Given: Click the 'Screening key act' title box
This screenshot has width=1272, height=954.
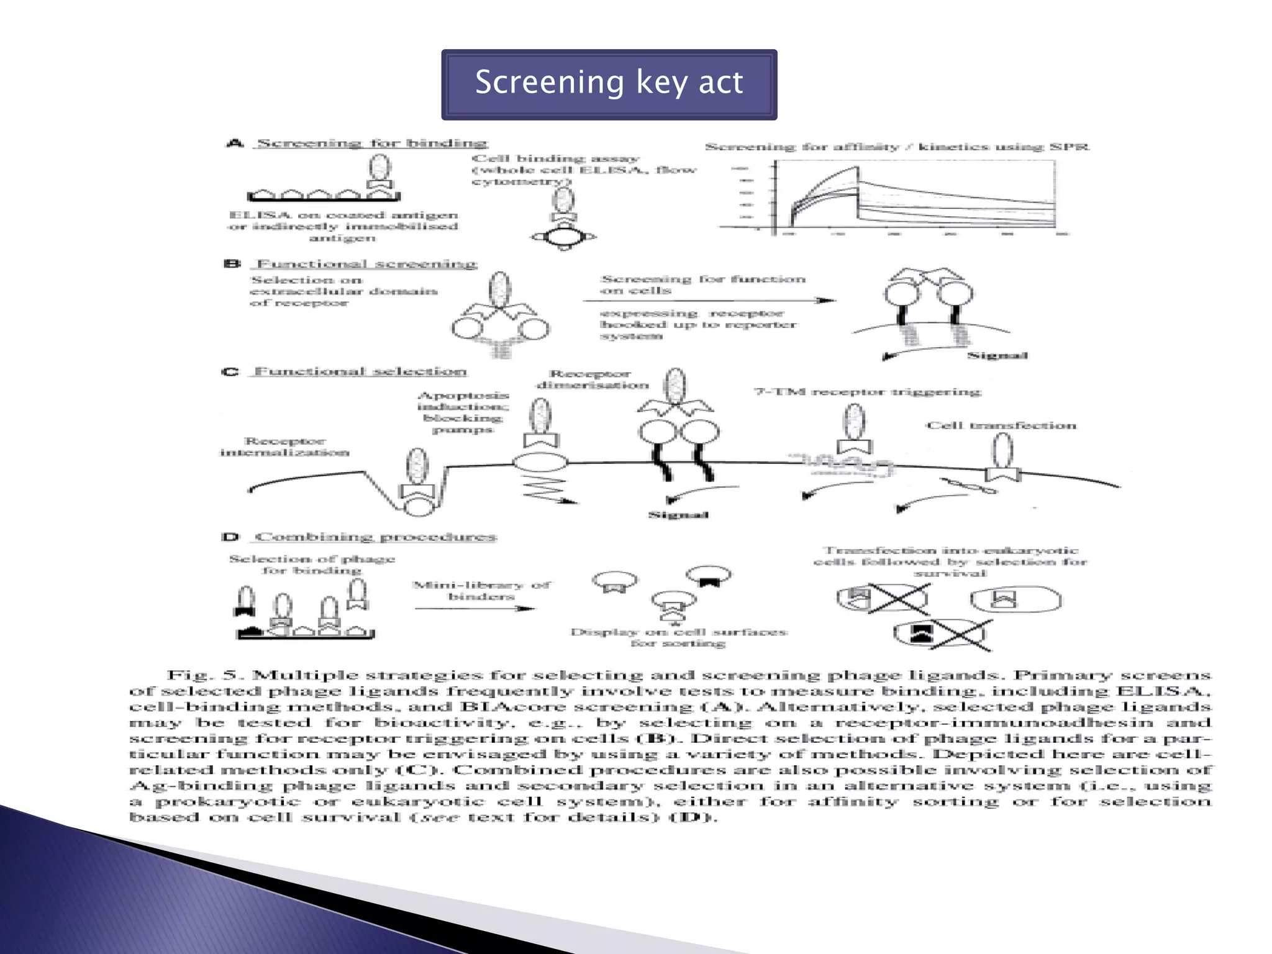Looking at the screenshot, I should pyautogui.click(x=609, y=84).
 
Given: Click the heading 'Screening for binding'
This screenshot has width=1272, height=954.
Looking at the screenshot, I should pyautogui.click(x=371, y=143).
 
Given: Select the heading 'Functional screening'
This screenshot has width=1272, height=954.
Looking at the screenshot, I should pyautogui.click(x=366, y=264).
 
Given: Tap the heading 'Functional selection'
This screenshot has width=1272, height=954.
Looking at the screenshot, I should pyautogui.click(x=360, y=371).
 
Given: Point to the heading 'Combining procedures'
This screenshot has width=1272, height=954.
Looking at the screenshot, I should pyautogui.click(x=376, y=537).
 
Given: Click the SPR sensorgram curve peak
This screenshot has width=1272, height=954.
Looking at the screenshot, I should pyautogui.click(x=857, y=168).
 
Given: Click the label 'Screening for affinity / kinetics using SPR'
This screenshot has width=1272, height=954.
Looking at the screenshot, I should pyautogui.click(x=897, y=147).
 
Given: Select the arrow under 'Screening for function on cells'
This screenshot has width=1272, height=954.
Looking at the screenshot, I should pyautogui.click(x=708, y=301).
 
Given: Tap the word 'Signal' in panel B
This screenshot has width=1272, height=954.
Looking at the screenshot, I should pyautogui.click(x=997, y=356).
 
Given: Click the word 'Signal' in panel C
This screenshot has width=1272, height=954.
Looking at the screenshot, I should pyautogui.click(x=678, y=515).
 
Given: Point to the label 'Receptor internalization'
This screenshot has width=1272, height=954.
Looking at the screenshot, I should pyautogui.click(x=284, y=447).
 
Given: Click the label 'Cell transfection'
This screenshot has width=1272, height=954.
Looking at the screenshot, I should pyautogui.click(x=1001, y=425).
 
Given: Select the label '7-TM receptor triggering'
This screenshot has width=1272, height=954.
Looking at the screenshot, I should pyautogui.click(x=867, y=392).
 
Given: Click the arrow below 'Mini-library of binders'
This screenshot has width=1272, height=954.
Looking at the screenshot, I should pyautogui.click(x=475, y=608).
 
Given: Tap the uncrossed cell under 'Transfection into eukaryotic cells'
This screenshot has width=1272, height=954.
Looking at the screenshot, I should pyautogui.click(x=1015, y=600).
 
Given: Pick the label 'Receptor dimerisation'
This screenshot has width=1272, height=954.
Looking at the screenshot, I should pyautogui.click(x=592, y=379).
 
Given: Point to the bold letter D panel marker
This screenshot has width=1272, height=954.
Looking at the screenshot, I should pyautogui.click(x=230, y=537).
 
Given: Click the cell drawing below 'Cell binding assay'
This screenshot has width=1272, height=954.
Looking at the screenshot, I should pyautogui.click(x=563, y=237).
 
